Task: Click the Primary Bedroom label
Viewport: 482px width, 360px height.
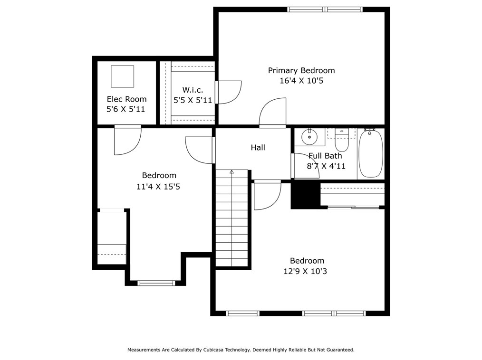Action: coord(301,70)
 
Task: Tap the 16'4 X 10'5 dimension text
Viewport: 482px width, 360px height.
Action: coord(301,81)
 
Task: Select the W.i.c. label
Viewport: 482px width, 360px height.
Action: coord(193,90)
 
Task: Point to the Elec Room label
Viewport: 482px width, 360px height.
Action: coord(126,99)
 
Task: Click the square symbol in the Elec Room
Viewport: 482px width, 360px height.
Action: coord(122,76)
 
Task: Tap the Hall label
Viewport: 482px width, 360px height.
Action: coord(258,148)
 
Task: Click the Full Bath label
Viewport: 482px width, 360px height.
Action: coord(325,156)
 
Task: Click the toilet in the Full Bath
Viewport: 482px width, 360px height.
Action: coord(342,141)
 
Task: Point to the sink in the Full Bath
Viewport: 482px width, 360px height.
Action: coord(309,137)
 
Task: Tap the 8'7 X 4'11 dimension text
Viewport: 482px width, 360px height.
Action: coord(327,166)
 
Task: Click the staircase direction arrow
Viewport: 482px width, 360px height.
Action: coord(231,172)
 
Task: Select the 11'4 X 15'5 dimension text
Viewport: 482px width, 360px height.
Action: coord(158,187)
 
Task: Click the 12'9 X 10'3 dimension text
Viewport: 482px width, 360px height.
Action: coord(307,271)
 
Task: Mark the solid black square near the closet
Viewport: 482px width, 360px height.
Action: coord(305,195)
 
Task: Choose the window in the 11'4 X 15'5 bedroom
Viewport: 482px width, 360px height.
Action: coord(156,283)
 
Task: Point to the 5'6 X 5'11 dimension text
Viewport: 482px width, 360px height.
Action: coord(126,109)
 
